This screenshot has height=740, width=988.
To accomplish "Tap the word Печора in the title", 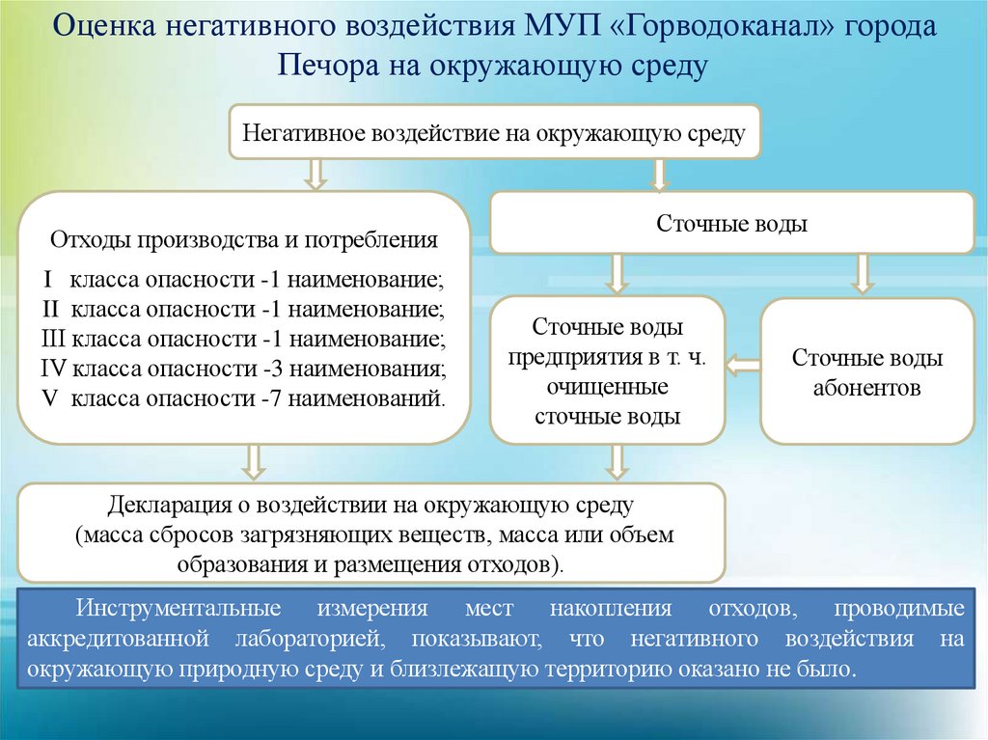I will [326, 66].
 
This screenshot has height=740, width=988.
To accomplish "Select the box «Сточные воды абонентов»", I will [867, 371].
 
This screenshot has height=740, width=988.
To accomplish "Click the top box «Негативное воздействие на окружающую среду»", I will [494, 132].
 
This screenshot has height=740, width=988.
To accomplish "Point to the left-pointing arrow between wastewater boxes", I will [742, 365].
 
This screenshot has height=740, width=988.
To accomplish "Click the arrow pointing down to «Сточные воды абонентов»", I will [863, 274].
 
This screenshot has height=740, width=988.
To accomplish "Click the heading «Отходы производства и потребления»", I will [244, 238].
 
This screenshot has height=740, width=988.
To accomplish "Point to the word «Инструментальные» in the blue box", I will [178, 610].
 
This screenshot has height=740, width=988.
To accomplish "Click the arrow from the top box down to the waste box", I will [315, 174].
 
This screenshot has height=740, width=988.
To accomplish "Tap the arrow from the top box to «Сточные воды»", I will [660, 174].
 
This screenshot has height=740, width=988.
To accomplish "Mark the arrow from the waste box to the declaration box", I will [254, 461].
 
